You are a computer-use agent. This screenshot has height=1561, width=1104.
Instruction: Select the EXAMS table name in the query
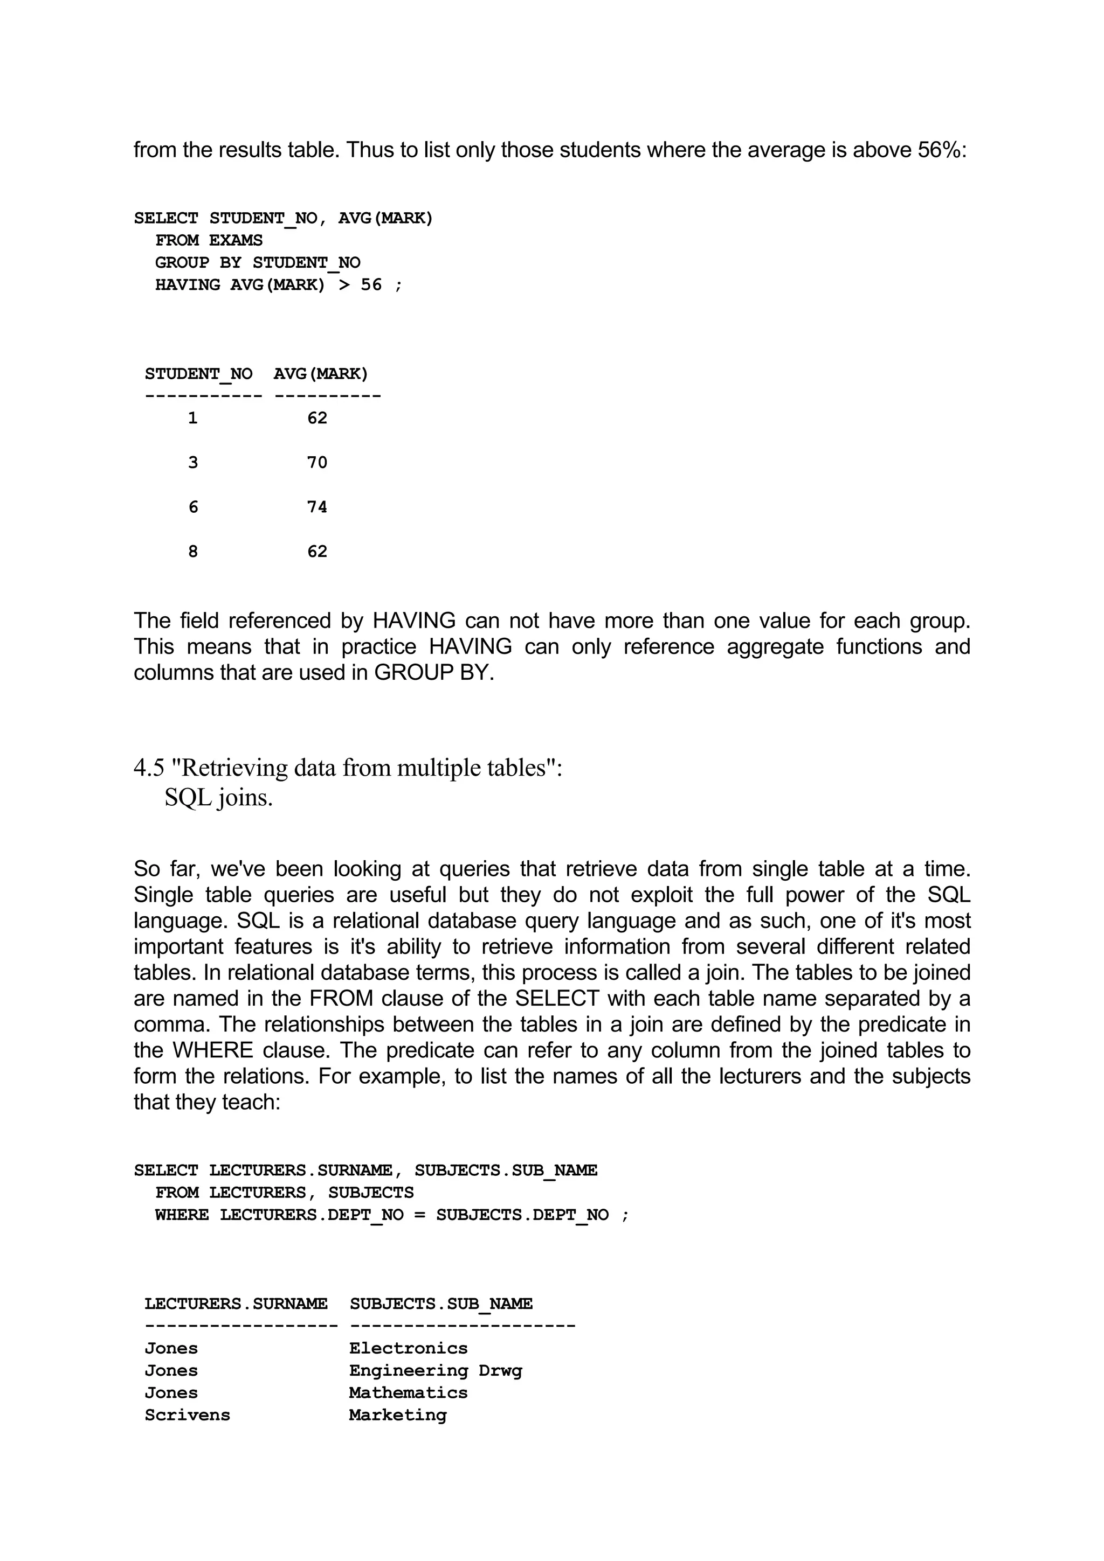point(236,241)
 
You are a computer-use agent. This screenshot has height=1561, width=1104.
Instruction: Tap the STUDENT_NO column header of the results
point(198,374)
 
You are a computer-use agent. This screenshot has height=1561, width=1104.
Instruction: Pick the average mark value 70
point(317,463)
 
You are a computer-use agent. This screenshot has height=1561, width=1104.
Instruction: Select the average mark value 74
point(317,507)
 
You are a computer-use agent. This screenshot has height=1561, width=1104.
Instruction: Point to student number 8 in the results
point(193,552)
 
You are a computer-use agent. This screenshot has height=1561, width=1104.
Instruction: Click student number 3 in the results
point(193,463)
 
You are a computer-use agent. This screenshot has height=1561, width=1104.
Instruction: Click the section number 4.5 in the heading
point(149,768)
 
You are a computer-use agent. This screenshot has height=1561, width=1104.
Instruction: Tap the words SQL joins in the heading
point(218,798)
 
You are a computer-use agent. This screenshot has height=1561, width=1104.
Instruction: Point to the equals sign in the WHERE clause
point(420,1215)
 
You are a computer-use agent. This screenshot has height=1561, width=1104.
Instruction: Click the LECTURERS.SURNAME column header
point(236,1304)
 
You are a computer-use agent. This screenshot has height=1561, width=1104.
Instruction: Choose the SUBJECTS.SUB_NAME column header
point(441,1304)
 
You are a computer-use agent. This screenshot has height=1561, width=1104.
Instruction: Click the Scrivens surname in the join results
point(187,1415)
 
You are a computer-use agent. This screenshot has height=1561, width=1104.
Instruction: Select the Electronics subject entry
point(408,1348)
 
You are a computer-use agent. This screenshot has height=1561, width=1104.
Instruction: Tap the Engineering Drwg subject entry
point(436,1371)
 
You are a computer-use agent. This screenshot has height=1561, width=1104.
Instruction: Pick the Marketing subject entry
point(398,1415)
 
